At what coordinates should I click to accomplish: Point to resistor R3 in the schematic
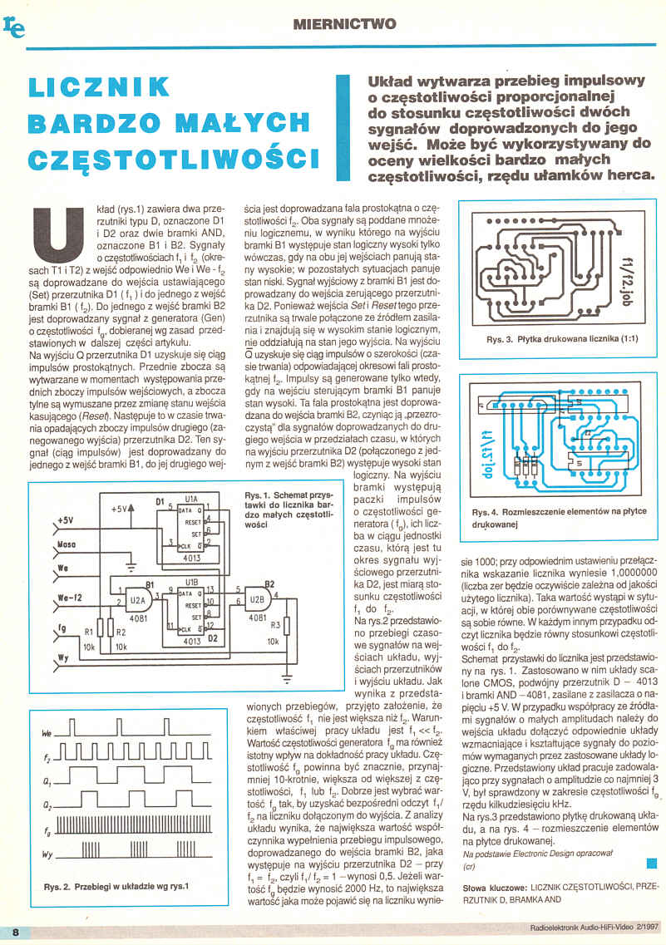286,624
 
